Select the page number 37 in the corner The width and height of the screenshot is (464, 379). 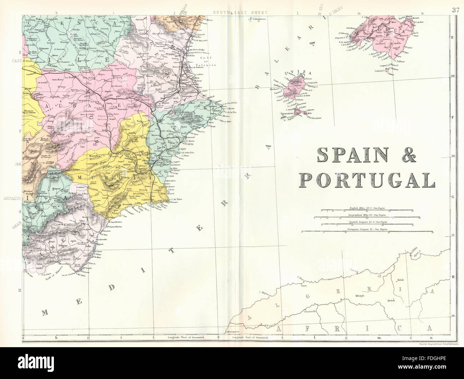(x=455, y=10)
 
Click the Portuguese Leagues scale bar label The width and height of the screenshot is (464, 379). (x=367, y=228)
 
